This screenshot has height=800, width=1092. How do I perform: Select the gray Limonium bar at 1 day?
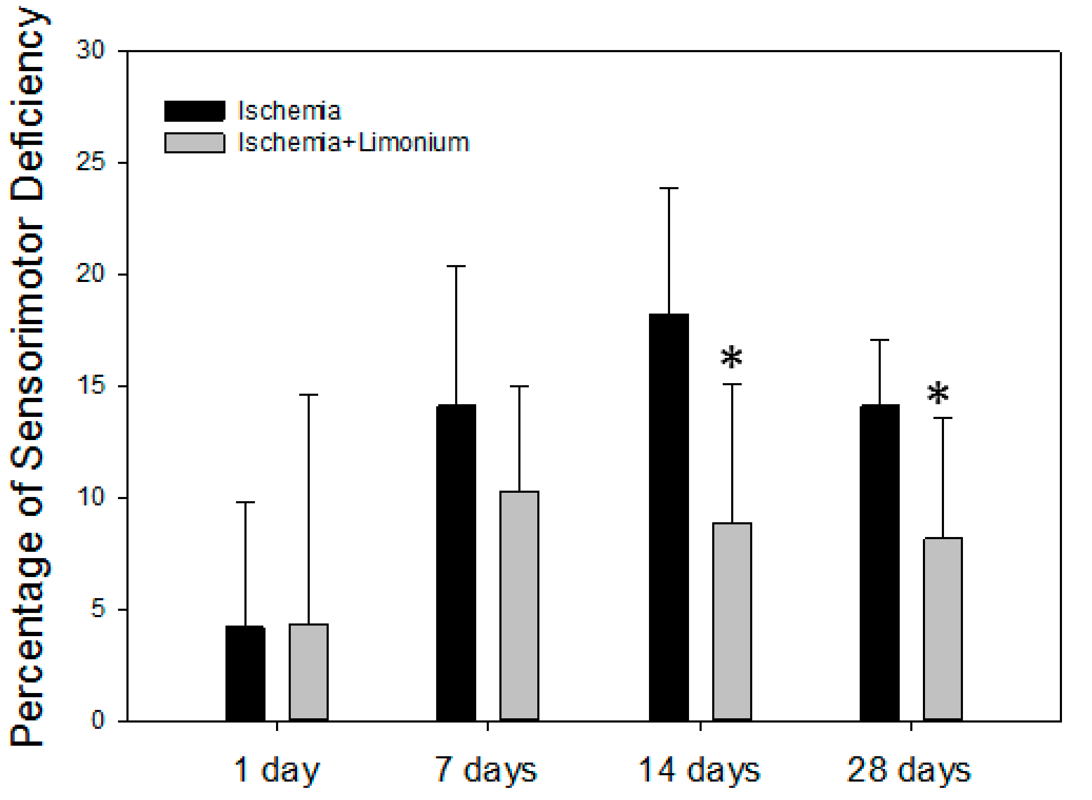click(x=309, y=672)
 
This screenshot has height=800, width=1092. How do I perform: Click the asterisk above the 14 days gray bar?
click(x=732, y=358)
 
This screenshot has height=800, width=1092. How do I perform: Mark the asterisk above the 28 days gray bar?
click(x=938, y=393)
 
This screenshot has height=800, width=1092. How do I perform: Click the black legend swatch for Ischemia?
click(x=194, y=111)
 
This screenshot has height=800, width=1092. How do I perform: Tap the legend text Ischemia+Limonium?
click(x=353, y=142)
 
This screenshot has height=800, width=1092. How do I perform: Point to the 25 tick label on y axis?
click(x=91, y=162)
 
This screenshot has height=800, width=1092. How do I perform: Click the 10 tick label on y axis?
click(x=91, y=497)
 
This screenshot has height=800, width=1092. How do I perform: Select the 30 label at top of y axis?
click(x=91, y=51)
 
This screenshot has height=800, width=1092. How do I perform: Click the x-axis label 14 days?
click(x=700, y=770)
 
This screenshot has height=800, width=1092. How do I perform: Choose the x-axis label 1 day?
click(x=277, y=770)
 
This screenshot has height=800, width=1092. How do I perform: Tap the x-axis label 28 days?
click(x=909, y=770)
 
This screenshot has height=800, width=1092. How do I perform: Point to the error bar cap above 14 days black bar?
click(x=669, y=188)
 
